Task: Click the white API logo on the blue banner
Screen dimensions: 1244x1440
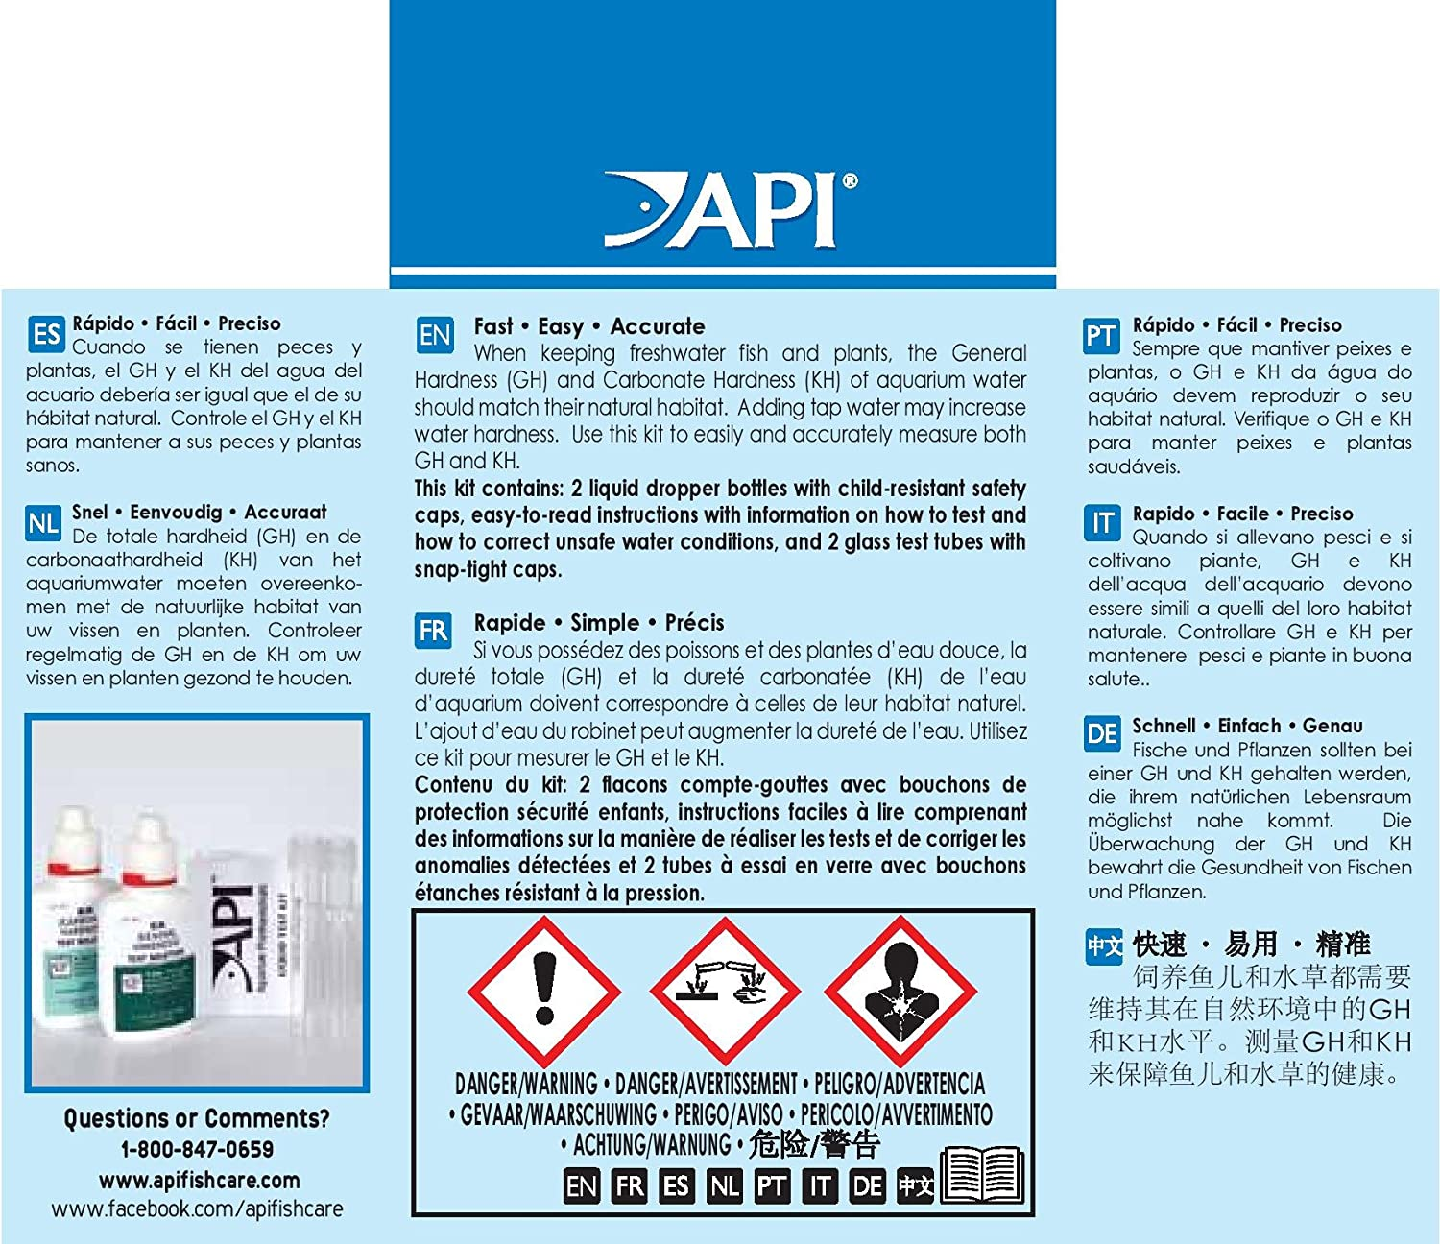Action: point(730,208)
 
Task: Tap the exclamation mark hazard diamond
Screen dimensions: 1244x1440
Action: point(544,989)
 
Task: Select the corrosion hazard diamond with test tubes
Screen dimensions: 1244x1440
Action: point(725,989)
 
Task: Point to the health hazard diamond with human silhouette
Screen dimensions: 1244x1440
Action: point(900,989)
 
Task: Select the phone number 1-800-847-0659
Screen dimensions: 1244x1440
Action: point(197,1149)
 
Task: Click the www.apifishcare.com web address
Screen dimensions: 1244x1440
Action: point(199,1180)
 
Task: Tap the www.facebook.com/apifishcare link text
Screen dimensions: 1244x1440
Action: point(197,1208)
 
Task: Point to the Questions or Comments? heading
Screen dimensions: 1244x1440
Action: point(197,1118)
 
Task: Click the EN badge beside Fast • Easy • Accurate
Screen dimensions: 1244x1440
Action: point(435,335)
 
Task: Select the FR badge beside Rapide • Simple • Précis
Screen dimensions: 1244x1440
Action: point(433,631)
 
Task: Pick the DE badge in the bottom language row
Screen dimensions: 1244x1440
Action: point(868,1186)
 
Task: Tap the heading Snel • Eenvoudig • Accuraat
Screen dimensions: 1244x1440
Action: point(199,512)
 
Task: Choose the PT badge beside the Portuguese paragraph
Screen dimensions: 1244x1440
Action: point(1101,336)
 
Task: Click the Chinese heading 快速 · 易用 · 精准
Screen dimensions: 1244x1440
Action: point(1251,945)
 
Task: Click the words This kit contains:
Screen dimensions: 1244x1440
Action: point(489,489)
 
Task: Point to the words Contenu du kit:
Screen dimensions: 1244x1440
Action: point(491,784)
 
